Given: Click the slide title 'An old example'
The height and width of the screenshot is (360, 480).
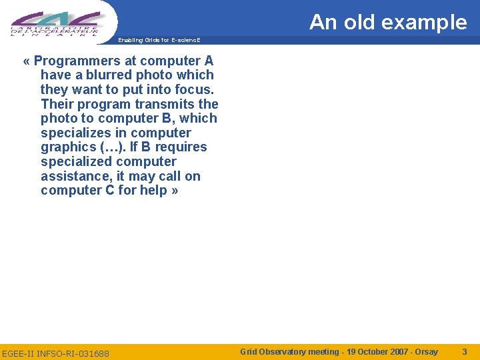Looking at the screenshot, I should (388, 22).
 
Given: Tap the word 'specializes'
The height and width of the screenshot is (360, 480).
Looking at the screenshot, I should (76, 133).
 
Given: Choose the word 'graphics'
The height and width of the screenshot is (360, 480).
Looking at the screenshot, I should (68, 147).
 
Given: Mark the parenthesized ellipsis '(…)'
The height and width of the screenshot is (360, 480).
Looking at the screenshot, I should (113, 147).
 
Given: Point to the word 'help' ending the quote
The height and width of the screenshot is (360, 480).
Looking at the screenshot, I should (153, 191).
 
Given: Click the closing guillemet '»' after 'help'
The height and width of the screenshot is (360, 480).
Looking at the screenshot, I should (175, 191).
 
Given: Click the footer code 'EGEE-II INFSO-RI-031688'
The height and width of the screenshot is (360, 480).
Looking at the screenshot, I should (55, 353).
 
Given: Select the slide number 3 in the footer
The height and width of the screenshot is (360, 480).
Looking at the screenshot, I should (465, 351).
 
